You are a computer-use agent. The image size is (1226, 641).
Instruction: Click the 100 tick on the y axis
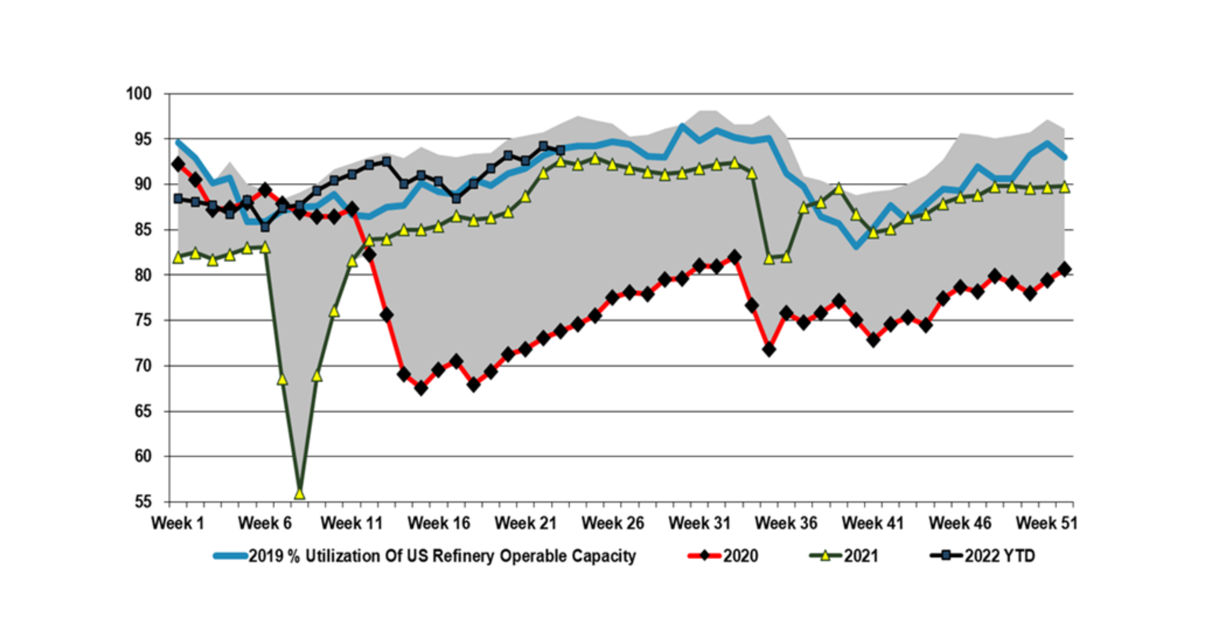tap(139, 94)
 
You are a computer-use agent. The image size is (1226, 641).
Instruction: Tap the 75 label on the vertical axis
tap(142, 320)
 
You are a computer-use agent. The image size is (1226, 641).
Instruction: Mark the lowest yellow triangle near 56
tap(299, 494)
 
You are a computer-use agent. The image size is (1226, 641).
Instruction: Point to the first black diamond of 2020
tap(178, 164)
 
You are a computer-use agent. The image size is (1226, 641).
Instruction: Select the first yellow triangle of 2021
tap(178, 258)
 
